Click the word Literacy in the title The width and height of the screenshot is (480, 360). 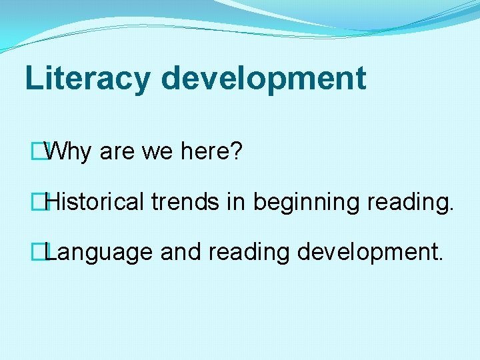pos(87,78)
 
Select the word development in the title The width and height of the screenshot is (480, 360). pos(263,78)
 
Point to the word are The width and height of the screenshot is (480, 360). pos(116,153)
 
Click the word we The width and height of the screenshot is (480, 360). pos(157,153)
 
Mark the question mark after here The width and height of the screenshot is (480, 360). pos(236,153)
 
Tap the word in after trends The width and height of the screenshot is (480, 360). pos(235,202)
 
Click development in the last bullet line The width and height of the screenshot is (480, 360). pos(365,253)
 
